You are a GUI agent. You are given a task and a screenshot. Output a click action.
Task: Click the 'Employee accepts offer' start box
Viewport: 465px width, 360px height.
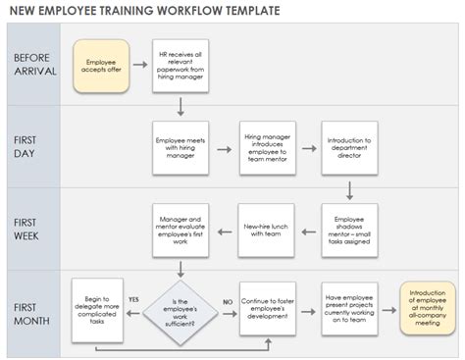[x=101, y=65]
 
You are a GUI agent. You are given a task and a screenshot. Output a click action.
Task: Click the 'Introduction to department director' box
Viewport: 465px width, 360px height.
[x=350, y=146]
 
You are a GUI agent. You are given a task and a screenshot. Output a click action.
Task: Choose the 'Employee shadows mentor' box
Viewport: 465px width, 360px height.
[x=350, y=228]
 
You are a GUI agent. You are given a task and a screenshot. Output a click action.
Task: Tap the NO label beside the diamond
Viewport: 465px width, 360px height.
[x=225, y=298]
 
